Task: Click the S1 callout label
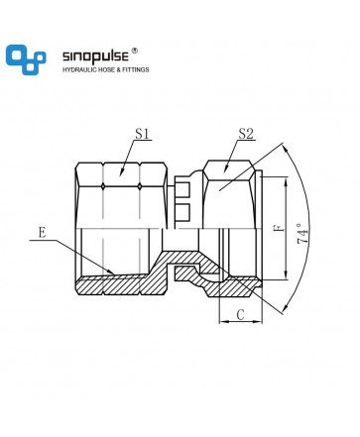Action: (x=142, y=134)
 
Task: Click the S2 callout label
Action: (x=246, y=134)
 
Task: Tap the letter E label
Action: (x=42, y=233)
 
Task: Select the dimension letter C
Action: (x=241, y=314)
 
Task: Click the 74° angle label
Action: (x=302, y=234)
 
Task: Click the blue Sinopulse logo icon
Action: (x=26, y=59)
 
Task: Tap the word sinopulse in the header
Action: (x=95, y=56)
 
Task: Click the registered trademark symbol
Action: (x=135, y=51)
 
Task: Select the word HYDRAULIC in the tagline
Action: (x=80, y=69)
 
